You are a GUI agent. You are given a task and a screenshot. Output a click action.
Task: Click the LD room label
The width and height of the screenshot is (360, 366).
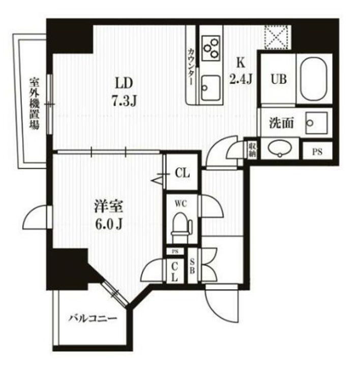tap(124, 82)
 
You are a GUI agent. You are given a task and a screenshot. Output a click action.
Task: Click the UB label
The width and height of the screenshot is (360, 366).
tap(278, 79)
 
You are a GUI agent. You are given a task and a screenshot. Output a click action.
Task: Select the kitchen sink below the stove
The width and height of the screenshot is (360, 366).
tap(209, 89)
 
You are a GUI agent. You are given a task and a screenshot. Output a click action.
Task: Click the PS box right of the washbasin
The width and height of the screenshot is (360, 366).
tap(317, 151)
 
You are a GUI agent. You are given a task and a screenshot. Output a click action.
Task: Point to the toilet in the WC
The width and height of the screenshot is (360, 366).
tap(180, 225)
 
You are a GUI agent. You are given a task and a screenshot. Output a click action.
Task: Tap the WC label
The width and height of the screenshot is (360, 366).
tap(181, 204)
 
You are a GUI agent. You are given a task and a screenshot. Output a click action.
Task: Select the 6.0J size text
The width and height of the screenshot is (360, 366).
tap(108, 223)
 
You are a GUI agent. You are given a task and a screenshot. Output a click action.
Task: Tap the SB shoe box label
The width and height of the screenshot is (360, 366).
tap(193, 266)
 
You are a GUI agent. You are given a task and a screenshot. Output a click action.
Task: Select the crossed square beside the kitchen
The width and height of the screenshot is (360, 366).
tap(277, 36)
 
